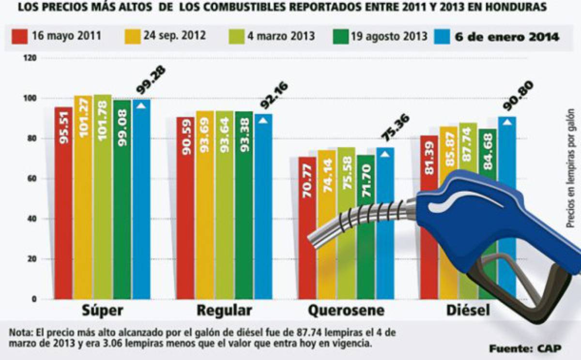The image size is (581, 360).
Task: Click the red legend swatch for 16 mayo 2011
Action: click(20, 37)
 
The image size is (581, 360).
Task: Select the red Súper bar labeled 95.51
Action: click(63, 203)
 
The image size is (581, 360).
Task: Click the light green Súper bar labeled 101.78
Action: click(103, 198)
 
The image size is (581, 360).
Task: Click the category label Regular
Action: click(224, 311)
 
